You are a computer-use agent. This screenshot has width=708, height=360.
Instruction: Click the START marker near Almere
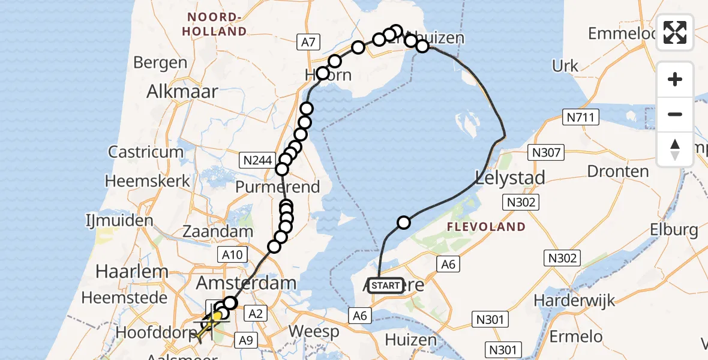pos(385,286)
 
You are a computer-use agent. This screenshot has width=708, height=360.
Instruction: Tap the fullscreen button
pos(675,32)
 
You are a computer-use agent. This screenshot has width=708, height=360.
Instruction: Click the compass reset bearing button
pos(675,149)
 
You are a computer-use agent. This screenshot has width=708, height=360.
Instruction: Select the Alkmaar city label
pos(182,91)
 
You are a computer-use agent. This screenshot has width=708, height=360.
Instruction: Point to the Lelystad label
pos(510,178)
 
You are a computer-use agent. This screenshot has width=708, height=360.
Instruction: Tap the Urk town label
pos(565,66)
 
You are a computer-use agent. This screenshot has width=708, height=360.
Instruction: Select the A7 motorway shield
pos(308,42)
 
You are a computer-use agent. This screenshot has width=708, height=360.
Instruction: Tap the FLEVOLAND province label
pos(485,227)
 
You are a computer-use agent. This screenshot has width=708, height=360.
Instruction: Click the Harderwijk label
pos(575,299)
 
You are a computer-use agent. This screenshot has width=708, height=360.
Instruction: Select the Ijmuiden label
pos(119,221)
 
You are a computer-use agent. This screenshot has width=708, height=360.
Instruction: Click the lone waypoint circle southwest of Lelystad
pos(404,223)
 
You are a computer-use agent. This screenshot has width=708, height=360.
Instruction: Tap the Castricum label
pos(146,152)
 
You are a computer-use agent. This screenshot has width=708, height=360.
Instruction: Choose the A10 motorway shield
pos(232,255)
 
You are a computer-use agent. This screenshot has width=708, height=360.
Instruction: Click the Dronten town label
pos(618,172)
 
